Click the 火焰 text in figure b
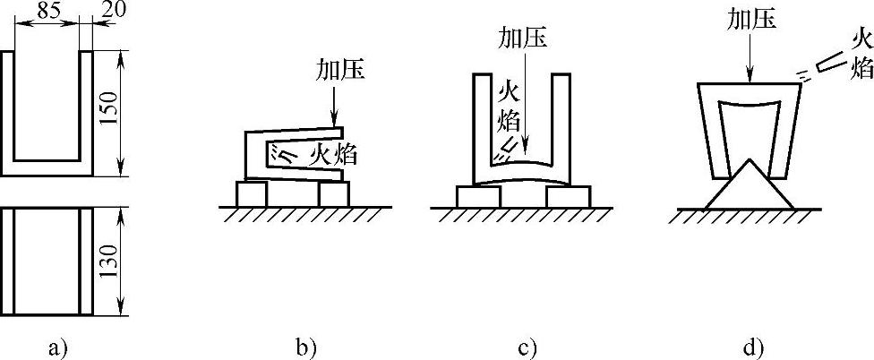tap(333, 155)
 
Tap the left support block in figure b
tap(250, 193)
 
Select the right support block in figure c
tap(568, 195)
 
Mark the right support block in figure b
tap(332, 193)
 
